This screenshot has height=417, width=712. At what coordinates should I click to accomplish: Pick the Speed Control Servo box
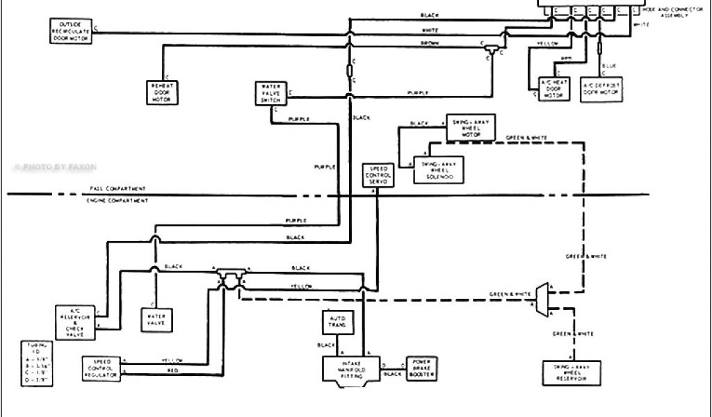click(378, 176)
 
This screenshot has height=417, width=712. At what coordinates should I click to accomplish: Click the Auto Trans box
click(338, 322)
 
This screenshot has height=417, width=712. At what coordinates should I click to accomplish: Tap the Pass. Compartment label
click(118, 189)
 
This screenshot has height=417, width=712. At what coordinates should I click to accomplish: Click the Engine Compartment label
click(117, 200)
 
